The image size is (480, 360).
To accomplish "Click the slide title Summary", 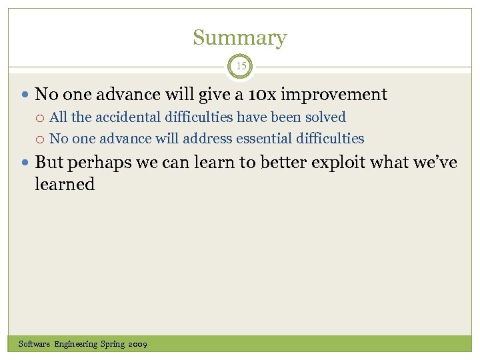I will [239, 38].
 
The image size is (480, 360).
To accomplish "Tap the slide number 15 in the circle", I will [240, 66].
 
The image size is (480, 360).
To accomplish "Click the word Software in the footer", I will [35, 344].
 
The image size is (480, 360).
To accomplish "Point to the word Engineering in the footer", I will [76, 344].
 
